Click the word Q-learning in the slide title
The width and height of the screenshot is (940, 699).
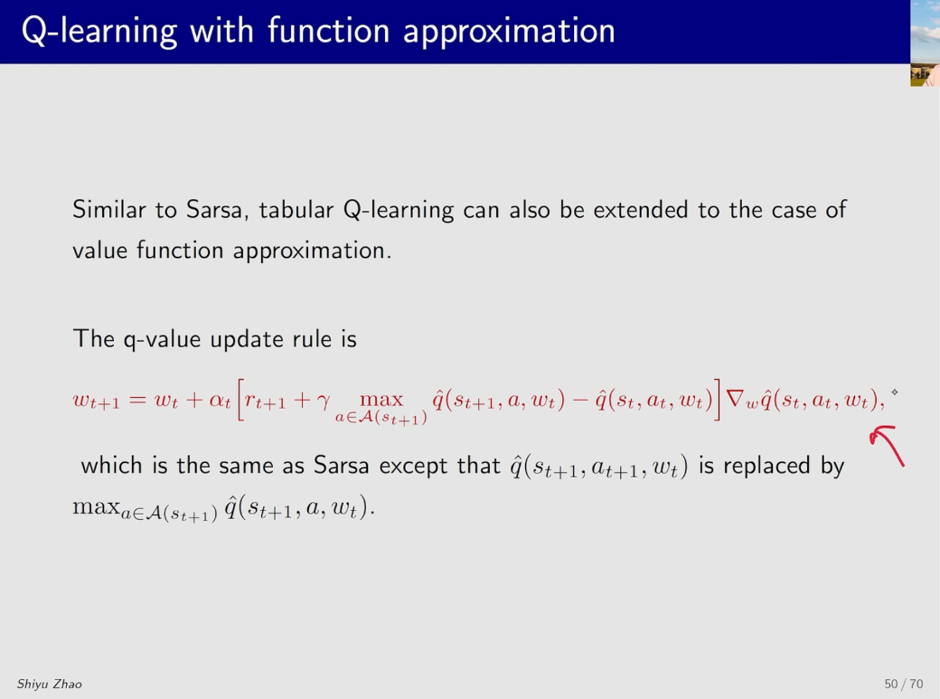click(x=99, y=32)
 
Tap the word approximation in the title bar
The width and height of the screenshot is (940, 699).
click(x=509, y=33)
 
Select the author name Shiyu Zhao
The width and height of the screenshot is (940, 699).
click(x=49, y=684)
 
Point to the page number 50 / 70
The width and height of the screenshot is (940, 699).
click(x=904, y=684)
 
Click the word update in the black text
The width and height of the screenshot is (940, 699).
click(x=247, y=340)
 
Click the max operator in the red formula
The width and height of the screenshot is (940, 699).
click(x=381, y=400)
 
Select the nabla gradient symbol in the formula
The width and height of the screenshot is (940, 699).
click(x=735, y=399)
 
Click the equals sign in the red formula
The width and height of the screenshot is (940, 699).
click(x=137, y=400)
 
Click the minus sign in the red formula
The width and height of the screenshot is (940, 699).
click(x=580, y=400)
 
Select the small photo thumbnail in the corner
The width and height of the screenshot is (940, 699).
click(x=925, y=43)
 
